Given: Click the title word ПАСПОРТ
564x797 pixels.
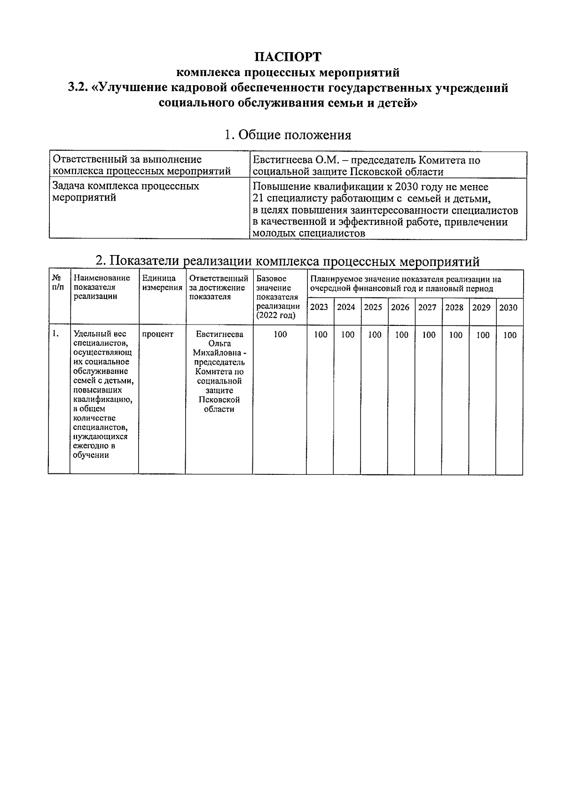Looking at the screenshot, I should point(288,57).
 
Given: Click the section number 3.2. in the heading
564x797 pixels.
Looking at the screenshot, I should point(78,88).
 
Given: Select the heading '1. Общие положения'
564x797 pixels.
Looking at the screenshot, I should point(288,135).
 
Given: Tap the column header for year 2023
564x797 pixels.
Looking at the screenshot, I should point(320,307).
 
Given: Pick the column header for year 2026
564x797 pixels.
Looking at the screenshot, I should point(400,307).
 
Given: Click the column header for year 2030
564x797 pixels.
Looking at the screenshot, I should point(508,308).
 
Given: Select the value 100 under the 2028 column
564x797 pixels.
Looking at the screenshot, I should point(455,335).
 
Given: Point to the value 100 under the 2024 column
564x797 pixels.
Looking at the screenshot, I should point(347,335).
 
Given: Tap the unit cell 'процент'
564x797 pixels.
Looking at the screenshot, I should point(157,334).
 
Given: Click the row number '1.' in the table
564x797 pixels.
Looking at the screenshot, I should point(56,334).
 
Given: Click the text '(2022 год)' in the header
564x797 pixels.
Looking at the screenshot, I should point(276,315).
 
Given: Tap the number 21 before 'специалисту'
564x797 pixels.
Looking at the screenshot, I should point(258,198).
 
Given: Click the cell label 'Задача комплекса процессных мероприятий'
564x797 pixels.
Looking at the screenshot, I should point(125,192).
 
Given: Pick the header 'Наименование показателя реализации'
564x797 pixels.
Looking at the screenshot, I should point(102,287).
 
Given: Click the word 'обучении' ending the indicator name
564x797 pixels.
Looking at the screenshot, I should point(91,455).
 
